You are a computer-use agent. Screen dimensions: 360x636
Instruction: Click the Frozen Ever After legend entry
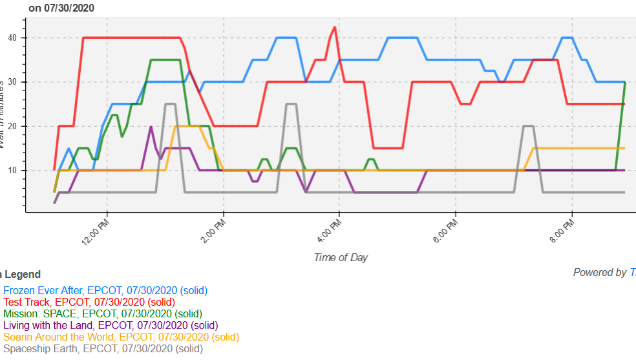pyautogui.click(x=105, y=291)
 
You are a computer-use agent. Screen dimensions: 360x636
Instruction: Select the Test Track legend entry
pyautogui.click(x=89, y=302)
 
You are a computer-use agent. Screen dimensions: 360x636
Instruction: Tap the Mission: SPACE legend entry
pyautogui.click(x=103, y=314)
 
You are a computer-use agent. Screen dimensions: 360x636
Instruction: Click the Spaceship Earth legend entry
pyautogui.click(x=103, y=349)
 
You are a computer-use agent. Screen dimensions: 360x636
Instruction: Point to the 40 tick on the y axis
pyautogui.click(x=15, y=37)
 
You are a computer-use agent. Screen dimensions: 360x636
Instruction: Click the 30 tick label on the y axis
pyautogui.click(x=15, y=82)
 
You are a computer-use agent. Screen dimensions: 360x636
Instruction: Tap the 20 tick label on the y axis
pyautogui.click(x=15, y=126)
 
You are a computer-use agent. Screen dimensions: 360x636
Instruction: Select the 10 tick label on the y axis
pyautogui.click(x=15, y=171)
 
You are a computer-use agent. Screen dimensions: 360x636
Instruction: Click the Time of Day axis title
pyautogui.click(x=341, y=257)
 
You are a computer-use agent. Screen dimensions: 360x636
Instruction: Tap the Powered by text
pyautogui.click(x=599, y=273)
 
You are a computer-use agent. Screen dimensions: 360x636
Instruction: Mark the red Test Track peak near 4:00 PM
pyautogui.click(x=334, y=28)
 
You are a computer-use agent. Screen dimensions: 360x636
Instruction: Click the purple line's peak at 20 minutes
pyautogui.click(x=151, y=127)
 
